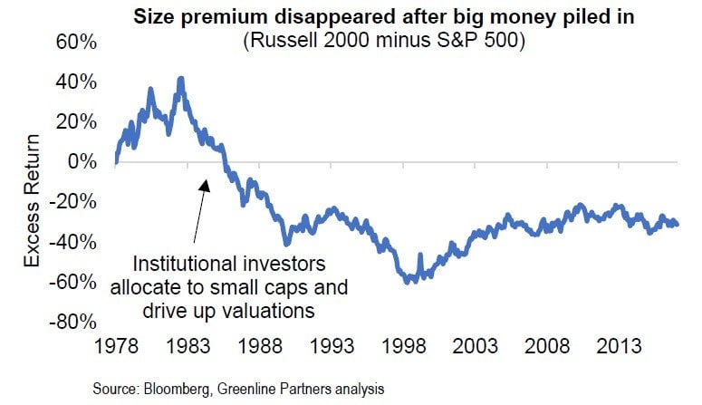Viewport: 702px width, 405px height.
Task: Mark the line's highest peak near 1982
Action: [181, 79]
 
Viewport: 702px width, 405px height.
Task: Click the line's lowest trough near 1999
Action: [410, 282]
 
